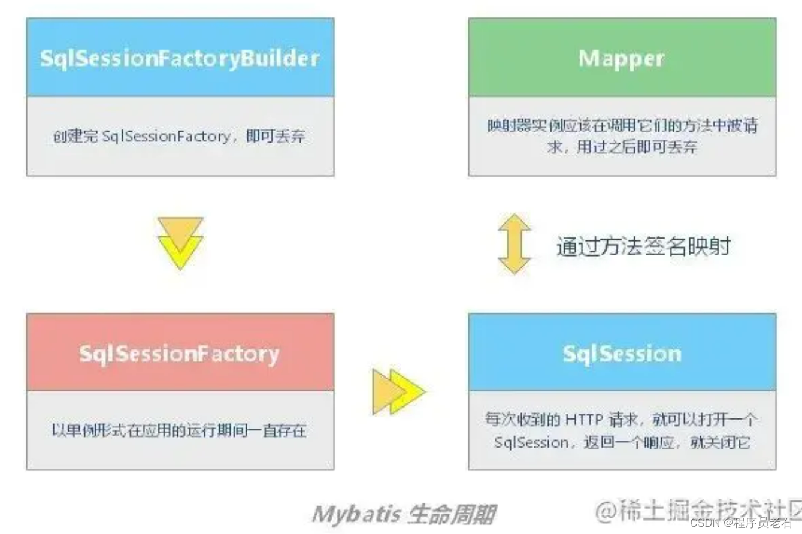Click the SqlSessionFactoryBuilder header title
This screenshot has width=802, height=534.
(x=180, y=58)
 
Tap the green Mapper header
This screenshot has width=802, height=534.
(x=622, y=58)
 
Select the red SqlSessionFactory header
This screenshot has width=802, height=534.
(x=180, y=353)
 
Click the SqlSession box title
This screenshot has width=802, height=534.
(x=622, y=353)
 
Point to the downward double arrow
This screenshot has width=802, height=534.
(x=180, y=243)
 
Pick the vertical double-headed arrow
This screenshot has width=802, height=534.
(x=515, y=244)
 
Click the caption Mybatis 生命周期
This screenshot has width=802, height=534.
(x=404, y=514)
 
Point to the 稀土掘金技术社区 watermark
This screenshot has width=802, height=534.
(x=698, y=510)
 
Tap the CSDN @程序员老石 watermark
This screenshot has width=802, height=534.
(x=742, y=522)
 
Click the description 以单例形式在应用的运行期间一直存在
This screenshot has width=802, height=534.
(x=179, y=430)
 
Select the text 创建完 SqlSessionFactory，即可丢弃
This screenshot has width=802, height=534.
(x=179, y=136)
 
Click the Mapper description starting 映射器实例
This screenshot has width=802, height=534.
(x=622, y=126)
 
